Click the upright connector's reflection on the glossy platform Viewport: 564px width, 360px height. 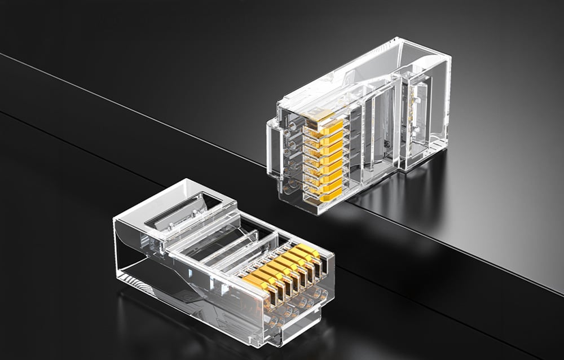(x=395, y=197)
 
